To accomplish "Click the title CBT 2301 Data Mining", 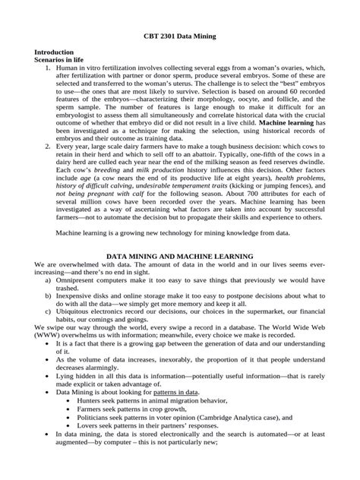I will tap(180, 36).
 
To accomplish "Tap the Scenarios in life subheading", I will tap(58, 58).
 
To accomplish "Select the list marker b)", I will tap(49, 298).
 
